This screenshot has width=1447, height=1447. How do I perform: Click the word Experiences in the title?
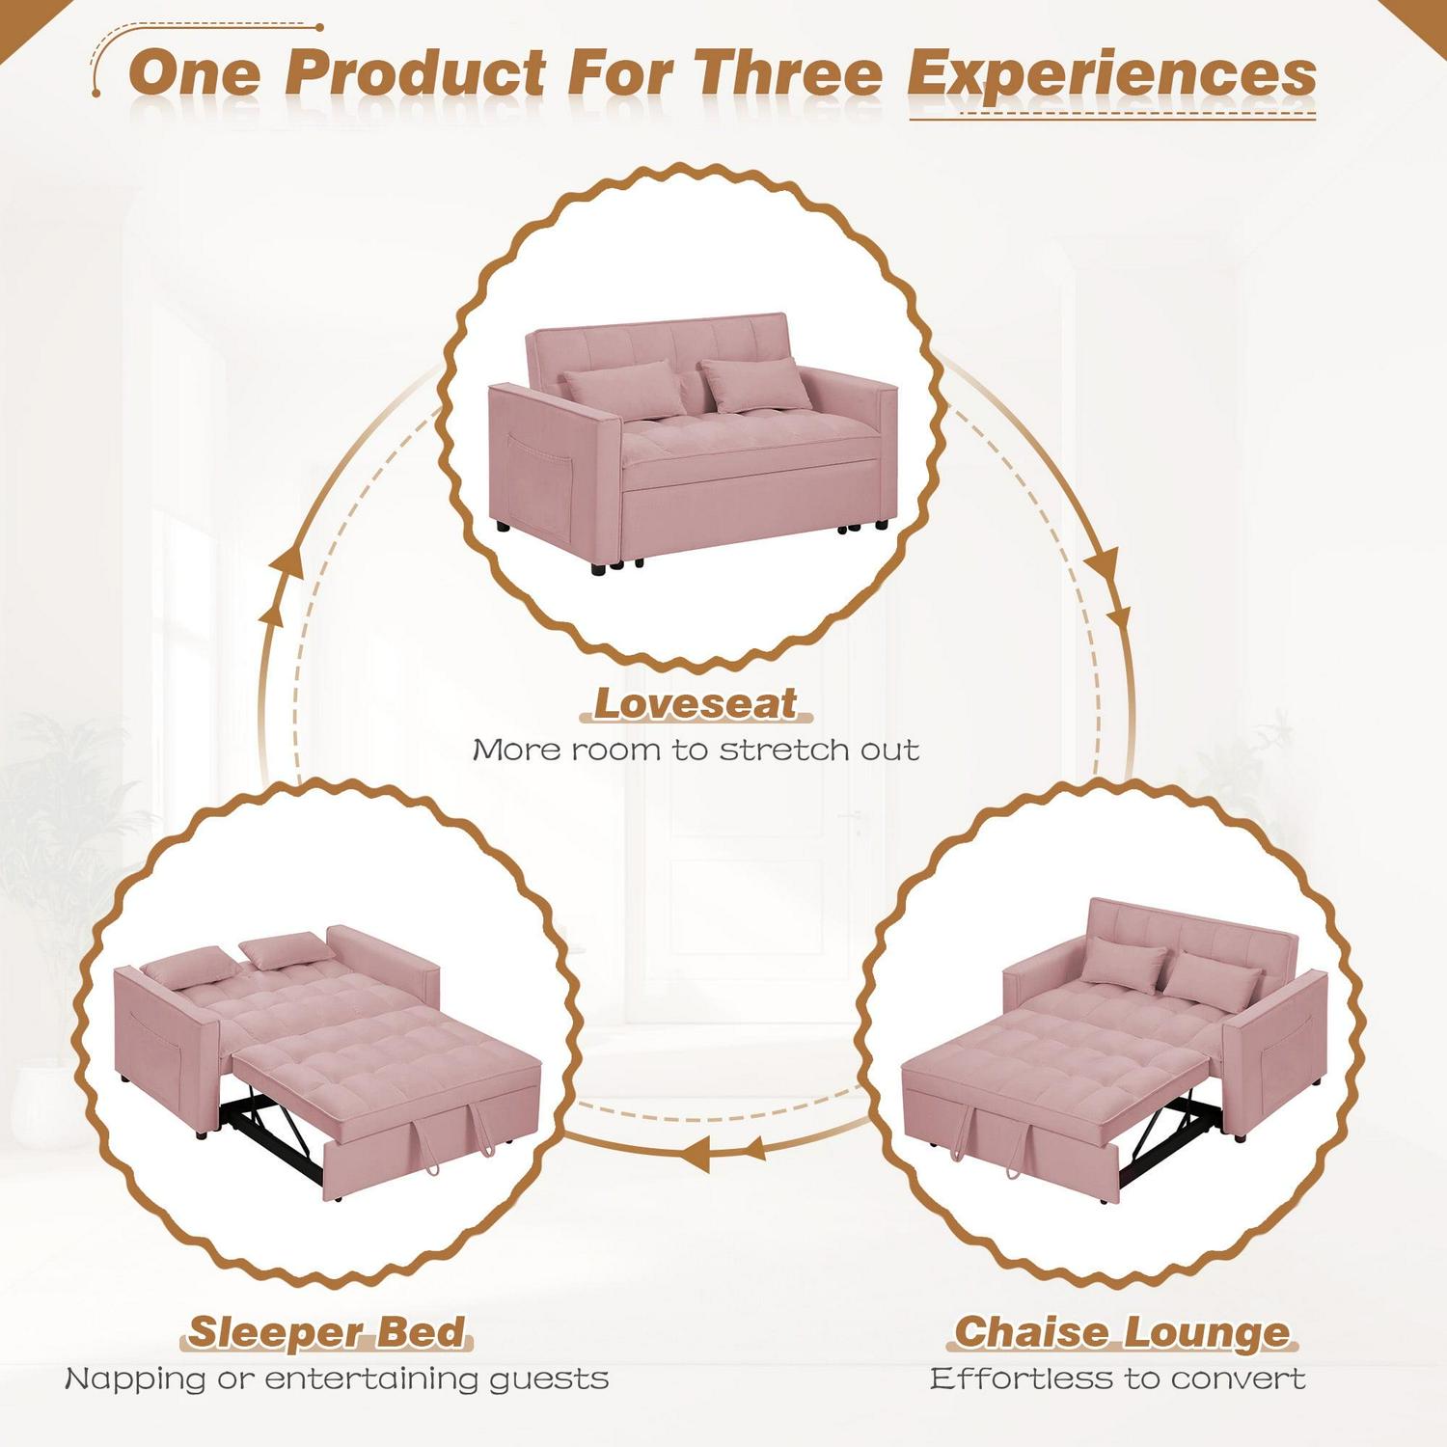[x=1112, y=76]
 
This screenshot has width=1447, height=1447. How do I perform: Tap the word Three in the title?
[x=787, y=73]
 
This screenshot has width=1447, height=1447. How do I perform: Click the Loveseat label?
[x=696, y=703]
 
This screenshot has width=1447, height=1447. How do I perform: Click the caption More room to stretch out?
[x=696, y=750]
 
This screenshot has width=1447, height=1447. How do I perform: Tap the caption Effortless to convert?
[x=1118, y=1379]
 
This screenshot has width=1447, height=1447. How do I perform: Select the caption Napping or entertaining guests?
[x=337, y=1379]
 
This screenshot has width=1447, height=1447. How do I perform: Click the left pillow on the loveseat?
[x=624, y=391]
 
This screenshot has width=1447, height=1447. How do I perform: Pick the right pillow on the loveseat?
[x=754, y=385]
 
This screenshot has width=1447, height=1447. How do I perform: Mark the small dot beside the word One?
[x=96, y=93]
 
